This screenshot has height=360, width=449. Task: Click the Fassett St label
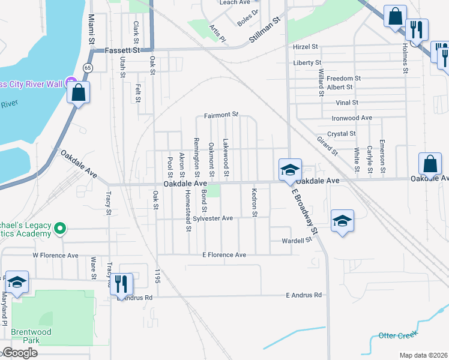coord(122,51)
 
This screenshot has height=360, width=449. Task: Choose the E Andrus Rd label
coord(304,295)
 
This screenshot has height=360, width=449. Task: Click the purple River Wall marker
coord(71,82)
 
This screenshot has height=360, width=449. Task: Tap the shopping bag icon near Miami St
coord(78,93)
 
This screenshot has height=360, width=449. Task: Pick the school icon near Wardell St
coord(342,220)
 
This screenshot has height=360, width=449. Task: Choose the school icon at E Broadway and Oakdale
coord(289,170)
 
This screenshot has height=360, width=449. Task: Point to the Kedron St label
coord(255,198)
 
